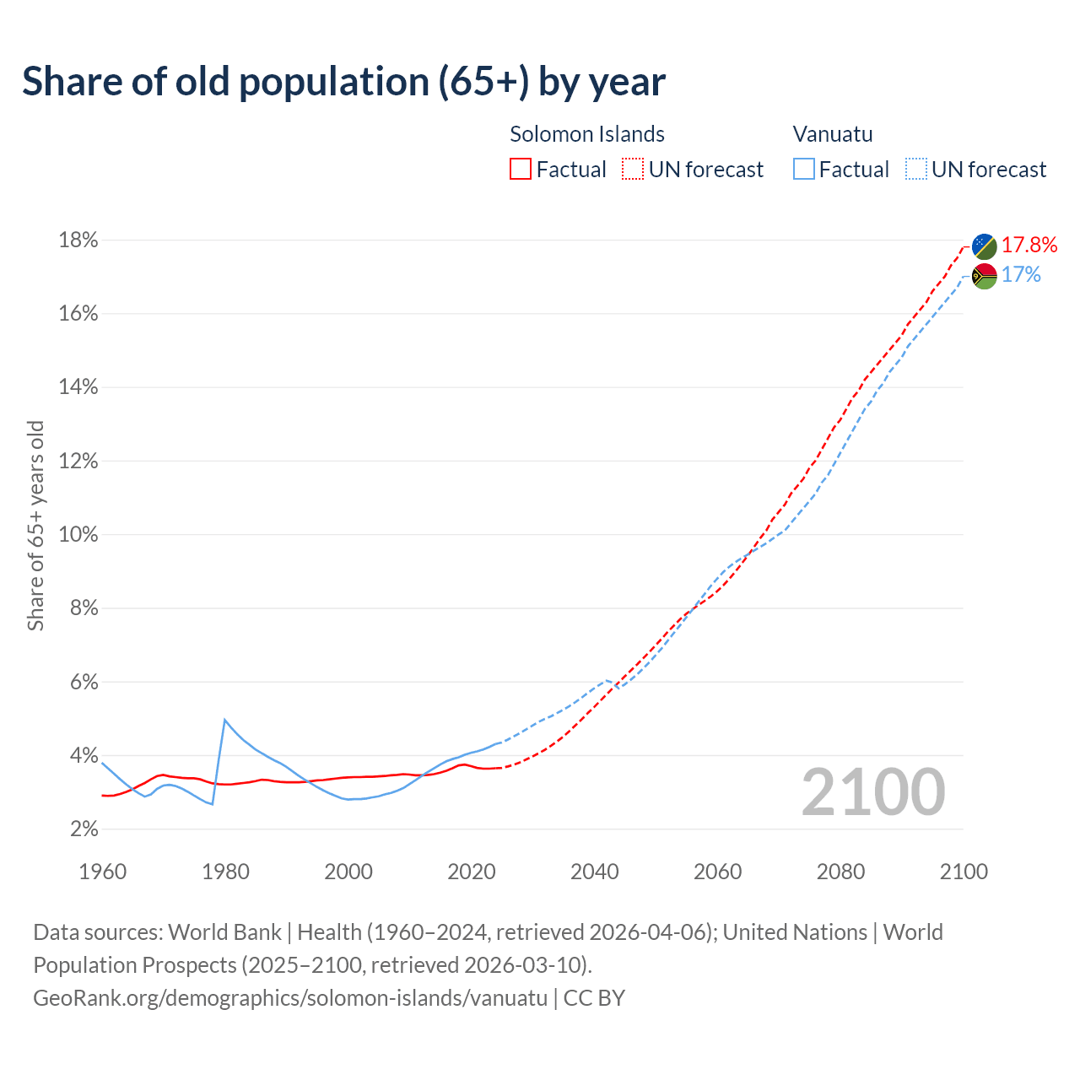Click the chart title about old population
click(x=343, y=82)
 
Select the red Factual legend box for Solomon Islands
click(x=521, y=169)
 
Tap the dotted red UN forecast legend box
click(x=633, y=169)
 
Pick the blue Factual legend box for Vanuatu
click(x=804, y=169)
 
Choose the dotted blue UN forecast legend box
click(x=916, y=169)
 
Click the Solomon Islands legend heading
click(x=587, y=134)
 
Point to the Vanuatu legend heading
click(x=833, y=134)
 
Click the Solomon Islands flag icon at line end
click(x=985, y=246)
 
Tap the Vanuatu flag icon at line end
click(x=985, y=276)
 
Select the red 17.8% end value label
click(x=1029, y=245)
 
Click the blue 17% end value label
click(x=1021, y=275)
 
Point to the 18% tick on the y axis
click(x=78, y=240)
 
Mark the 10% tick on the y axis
click(x=78, y=535)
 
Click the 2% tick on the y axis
click(x=83, y=829)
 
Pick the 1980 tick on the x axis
click(x=225, y=872)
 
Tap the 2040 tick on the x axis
click(x=595, y=872)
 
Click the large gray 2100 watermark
click(x=873, y=791)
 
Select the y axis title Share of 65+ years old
click(x=35, y=525)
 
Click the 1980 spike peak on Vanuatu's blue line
click(x=224, y=720)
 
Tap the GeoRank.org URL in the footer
click(x=290, y=998)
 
